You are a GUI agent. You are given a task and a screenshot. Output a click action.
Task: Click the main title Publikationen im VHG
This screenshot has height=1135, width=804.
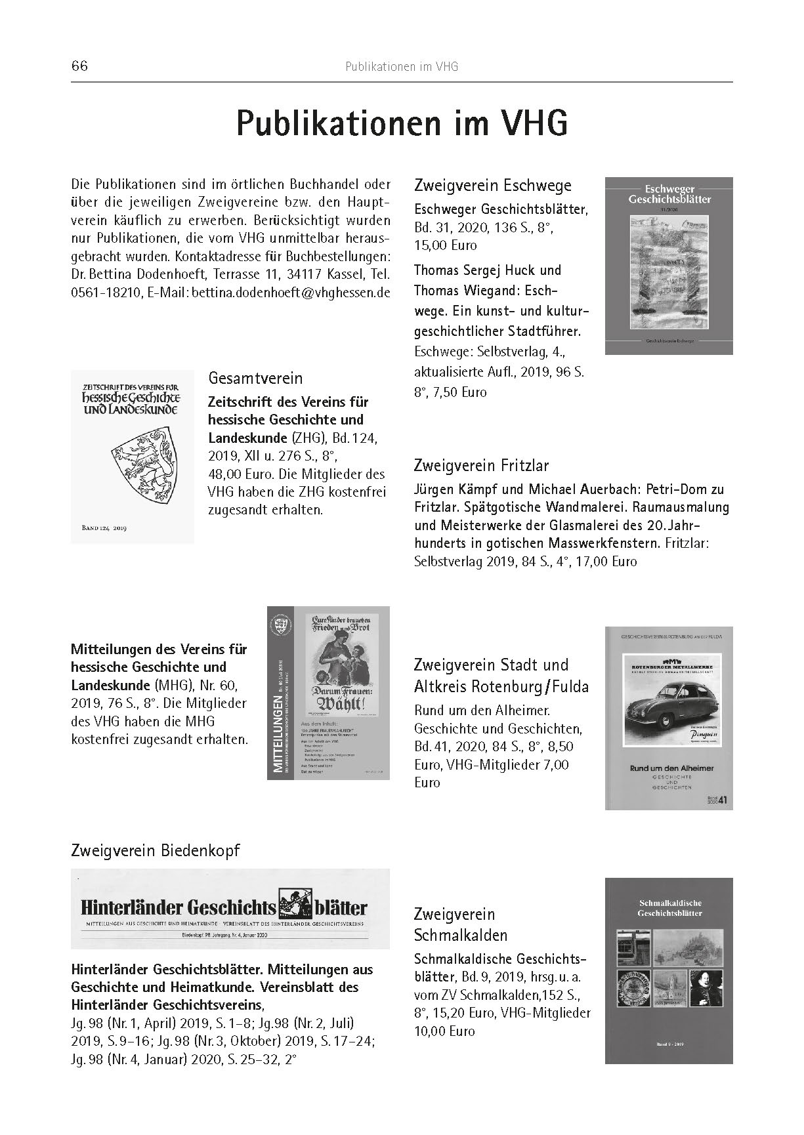(x=402, y=123)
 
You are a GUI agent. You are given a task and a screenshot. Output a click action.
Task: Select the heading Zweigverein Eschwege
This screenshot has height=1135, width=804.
(x=493, y=185)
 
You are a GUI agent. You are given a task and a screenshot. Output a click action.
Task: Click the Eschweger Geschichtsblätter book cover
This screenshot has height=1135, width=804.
(x=668, y=266)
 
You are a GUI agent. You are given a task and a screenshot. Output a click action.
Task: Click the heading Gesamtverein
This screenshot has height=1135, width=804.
(x=255, y=378)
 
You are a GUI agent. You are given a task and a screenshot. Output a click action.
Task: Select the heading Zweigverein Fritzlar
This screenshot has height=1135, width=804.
(x=481, y=465)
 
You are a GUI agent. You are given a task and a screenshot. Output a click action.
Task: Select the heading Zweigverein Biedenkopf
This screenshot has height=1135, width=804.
(x=155, y=851)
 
